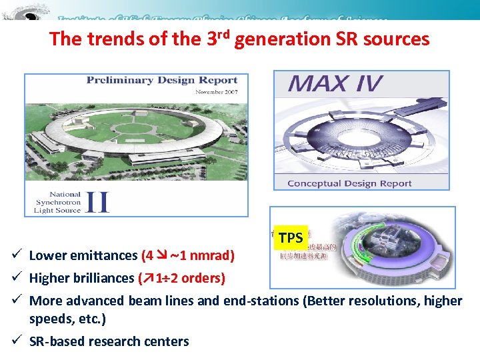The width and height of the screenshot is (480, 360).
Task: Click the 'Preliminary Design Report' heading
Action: click(x=162, y=80)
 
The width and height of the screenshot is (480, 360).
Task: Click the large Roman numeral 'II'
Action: click(x=97, y=201)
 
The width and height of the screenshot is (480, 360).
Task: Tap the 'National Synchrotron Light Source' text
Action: click(x=57, y=202)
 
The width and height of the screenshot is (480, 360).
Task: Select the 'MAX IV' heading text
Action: click(x=335, y=85)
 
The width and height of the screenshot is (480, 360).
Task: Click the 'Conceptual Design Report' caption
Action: click(x=349, y=183)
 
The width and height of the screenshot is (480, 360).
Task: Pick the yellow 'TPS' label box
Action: click(x=291, y=237)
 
